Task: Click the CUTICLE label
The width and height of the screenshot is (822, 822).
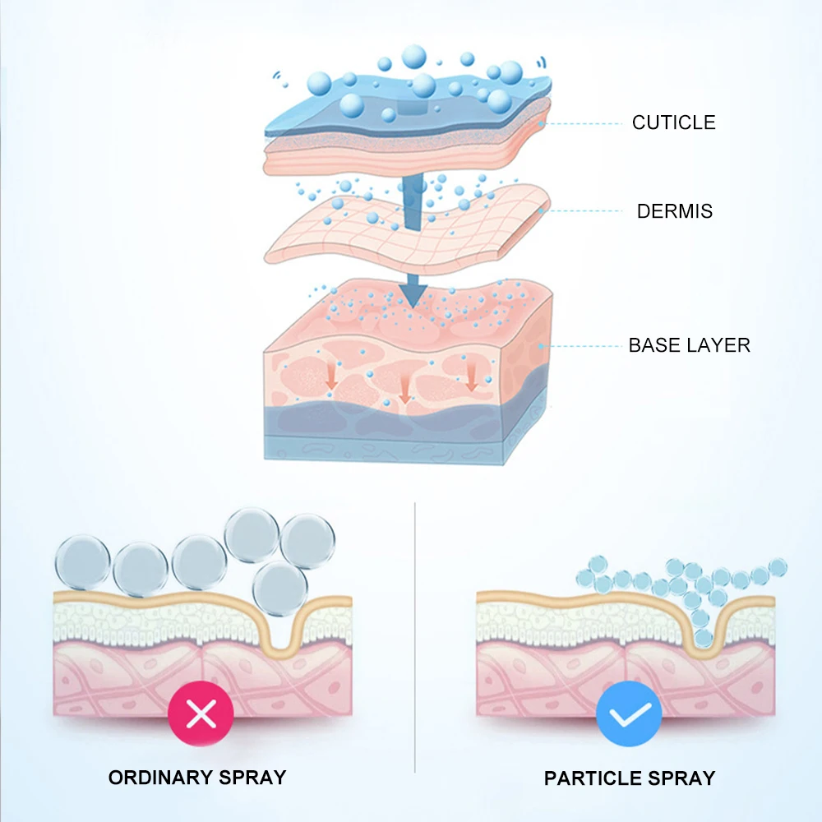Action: [x=674, y=122]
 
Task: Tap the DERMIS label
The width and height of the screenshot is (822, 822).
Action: [x=675, y=211]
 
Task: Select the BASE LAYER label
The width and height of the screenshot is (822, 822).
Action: [x=690, y=345]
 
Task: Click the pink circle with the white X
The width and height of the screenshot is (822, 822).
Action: [x=201, y=713]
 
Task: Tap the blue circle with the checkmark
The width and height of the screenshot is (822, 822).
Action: [x=629, y=713]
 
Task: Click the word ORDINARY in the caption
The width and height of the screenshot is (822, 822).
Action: [x=160, y=778]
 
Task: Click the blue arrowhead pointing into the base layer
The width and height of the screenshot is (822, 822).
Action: [x=413, y=294]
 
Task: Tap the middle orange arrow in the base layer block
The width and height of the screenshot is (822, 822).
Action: [x=404, y=390]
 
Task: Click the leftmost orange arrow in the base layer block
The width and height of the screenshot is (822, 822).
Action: [x=330, y=376]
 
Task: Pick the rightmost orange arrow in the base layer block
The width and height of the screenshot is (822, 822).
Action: [x=471, y=376]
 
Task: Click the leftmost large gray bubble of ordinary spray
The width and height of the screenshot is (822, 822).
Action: [x=83, y=562]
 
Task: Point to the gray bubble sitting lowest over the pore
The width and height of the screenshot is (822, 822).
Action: [x=279, y=589]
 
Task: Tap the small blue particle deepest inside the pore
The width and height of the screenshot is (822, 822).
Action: [x=704, y=638]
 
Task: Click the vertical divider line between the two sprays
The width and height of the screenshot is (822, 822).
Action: [x=414, y=638]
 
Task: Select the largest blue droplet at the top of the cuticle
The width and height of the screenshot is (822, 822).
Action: [x=413, y=57]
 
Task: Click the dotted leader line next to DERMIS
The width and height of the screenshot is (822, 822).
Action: [x=582, y=211]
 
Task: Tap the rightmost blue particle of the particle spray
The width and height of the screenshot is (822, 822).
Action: [x=778, y=567]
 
